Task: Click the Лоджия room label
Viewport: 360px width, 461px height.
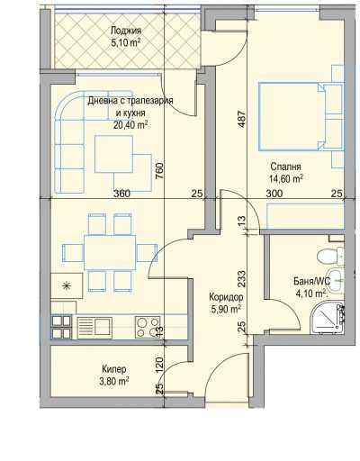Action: tap(126, 31)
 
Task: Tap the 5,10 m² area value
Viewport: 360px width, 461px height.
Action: tap(126, 42)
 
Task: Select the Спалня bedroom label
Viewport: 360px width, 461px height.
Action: tap(285, 167)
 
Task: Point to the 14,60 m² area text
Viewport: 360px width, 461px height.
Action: tap(286, 179)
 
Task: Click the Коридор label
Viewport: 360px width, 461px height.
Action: tap(226, 297)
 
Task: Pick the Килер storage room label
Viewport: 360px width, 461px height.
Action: tap(114, 369)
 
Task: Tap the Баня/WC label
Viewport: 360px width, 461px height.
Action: tap(311, 281)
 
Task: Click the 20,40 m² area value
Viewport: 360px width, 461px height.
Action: tap(130, 124)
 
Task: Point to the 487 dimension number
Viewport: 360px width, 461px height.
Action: tap(242, 120)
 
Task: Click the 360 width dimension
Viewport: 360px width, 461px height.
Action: tap(121, 194)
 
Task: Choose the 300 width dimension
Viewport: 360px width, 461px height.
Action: tap(274, 194)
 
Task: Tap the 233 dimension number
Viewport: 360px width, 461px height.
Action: tap(242, 279)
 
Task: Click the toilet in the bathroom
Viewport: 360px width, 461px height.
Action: tap(330, 256)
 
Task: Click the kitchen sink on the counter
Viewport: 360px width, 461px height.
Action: tap(94, 327)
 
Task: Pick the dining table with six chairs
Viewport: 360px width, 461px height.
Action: tap(110, 253)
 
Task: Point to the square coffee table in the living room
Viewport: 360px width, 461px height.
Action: tap(114, 154)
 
